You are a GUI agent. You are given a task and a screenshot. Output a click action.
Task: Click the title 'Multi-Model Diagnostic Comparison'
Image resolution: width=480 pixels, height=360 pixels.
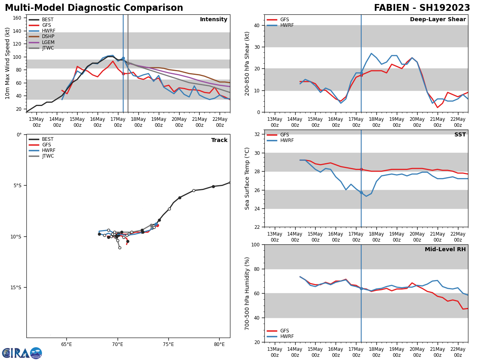click(x=94, y=8)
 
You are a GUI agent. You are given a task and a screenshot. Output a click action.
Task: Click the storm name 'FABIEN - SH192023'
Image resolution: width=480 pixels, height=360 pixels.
click(x=422, y=8)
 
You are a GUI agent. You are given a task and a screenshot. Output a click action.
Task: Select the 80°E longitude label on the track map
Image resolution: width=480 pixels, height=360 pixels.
click(x=219, y=344)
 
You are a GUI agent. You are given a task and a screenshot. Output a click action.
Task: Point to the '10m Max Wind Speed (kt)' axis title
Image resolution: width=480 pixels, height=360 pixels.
click(x=8, y=63)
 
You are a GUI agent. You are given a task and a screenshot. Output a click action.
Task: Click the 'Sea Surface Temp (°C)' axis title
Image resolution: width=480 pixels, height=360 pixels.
click(x=247, y=178)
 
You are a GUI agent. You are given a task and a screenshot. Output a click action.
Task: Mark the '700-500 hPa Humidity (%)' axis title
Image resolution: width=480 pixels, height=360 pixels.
click(x=247, y=293)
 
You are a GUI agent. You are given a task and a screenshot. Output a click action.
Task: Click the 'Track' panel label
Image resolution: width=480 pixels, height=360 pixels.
click(x=219, y=140)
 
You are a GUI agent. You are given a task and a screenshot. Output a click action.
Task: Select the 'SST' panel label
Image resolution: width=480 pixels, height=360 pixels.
click(x=460, y=135)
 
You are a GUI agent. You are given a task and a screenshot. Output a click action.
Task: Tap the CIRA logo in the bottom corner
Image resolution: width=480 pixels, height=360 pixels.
click(x=22, y=353)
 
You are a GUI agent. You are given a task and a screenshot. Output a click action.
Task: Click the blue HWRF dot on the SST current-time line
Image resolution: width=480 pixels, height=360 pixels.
click(x=361, y=192)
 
